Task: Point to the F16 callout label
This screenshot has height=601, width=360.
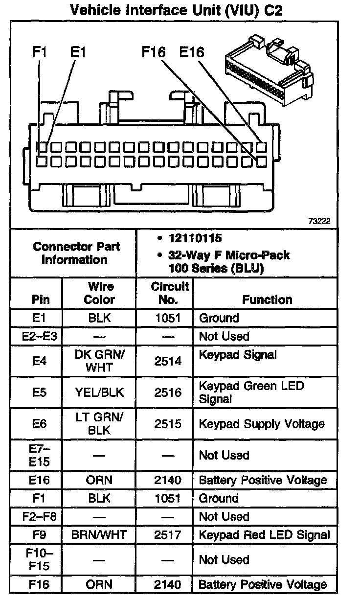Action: tap(154, 52)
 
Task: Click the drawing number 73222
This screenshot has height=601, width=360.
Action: tap(319, 221)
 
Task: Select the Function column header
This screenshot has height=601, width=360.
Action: tap(267, 299)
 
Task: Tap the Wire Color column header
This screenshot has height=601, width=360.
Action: tap(99, 293)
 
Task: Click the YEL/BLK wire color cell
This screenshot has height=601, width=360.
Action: tap(99, 393)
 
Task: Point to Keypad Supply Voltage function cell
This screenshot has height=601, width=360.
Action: tap(262, 424)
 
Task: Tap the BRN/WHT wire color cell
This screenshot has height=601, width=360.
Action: tap(99, 535)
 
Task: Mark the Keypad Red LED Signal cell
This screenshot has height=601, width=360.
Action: tap(264, 535)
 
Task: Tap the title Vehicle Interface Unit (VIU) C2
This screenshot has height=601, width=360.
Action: tap(177, 10)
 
